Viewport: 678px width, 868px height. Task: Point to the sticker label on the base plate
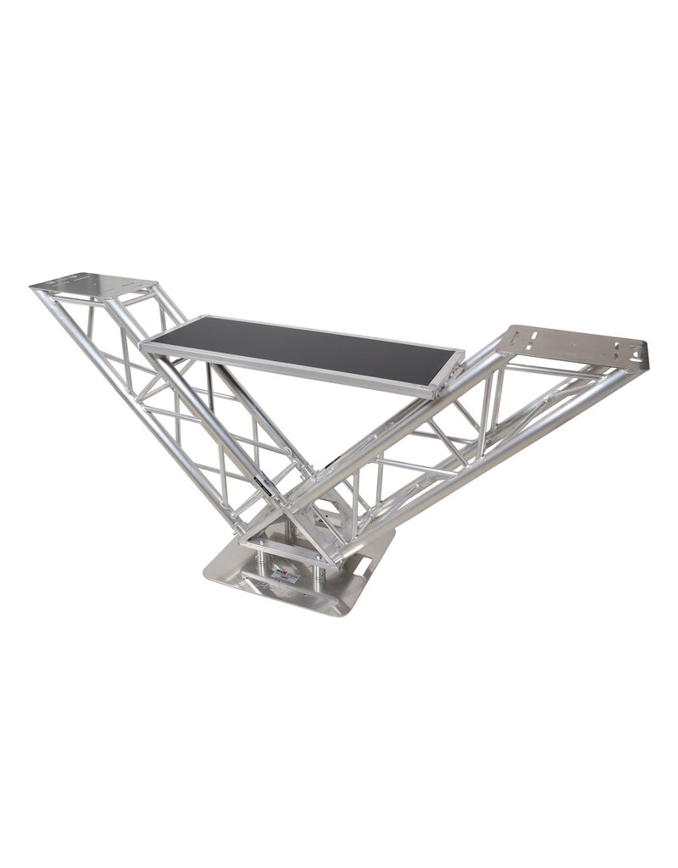tap(286, 576)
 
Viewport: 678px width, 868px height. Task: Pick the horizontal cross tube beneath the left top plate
tap(127, 302)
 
